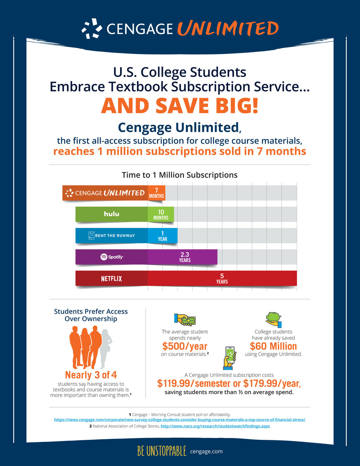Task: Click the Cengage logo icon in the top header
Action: (91, 28)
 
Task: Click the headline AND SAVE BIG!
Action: (180, 106)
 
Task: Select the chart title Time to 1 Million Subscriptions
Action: (180, 175)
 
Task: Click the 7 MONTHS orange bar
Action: (156, 193)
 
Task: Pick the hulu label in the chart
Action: (111, 214)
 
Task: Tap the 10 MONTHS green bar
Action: (161, 215)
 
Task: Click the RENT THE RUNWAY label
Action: (111, 236)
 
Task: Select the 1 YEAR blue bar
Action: (162, 236)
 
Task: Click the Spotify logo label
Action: (111, 257)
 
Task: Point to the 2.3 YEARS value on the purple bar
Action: (185, 258)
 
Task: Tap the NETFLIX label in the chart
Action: (111, 279)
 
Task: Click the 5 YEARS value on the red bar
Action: (222, 278)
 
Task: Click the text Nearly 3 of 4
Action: (91, 375)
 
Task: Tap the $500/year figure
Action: (185, 346)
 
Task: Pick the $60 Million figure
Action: (273, 346)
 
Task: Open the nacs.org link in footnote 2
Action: (215, 426)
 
